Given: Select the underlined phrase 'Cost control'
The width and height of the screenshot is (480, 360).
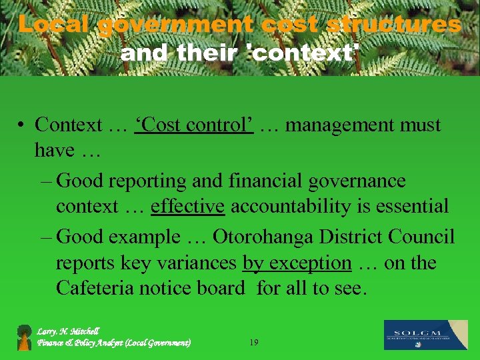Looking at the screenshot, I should click(194, 125).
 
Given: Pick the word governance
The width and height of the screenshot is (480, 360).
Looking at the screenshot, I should click(357, 181).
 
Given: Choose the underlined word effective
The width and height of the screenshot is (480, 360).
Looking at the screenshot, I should click(187, 207).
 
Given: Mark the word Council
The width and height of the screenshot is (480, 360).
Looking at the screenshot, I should click(421, 237).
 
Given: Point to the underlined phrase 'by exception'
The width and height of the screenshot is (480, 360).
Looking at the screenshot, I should click(297, 263).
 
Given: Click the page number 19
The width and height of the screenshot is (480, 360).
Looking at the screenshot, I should click(253, 343).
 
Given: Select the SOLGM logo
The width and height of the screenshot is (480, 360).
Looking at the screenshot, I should click(425, 335).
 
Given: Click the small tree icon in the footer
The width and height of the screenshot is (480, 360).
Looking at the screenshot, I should click(25, 337).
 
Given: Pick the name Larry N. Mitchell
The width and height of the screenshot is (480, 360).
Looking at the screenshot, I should click(68, 331).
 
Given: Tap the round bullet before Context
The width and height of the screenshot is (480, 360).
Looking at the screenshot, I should click(22, 125).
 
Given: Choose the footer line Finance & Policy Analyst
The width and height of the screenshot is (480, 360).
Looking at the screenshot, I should click(114, 343).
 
